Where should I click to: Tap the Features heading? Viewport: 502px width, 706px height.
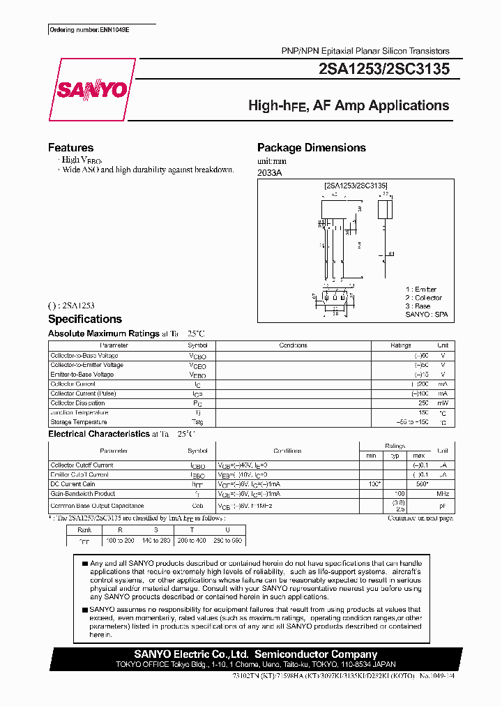(70, 148)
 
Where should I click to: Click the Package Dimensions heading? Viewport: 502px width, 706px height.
(311, 148)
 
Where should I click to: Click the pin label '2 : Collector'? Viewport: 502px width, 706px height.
(424, 298)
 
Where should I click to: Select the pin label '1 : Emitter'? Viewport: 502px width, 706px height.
(421, 290)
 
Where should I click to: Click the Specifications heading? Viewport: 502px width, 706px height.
(84, 320)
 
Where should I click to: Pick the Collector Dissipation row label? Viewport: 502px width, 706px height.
(77, 403)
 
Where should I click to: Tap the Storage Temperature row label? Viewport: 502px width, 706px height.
(79, 422)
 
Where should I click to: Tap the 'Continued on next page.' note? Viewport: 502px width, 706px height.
(420, 518)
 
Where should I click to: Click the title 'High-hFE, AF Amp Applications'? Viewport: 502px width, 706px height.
(349, 106)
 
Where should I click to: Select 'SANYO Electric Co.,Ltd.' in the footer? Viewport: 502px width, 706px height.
(192, 654)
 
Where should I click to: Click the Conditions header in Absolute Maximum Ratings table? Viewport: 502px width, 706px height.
(293, 345)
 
